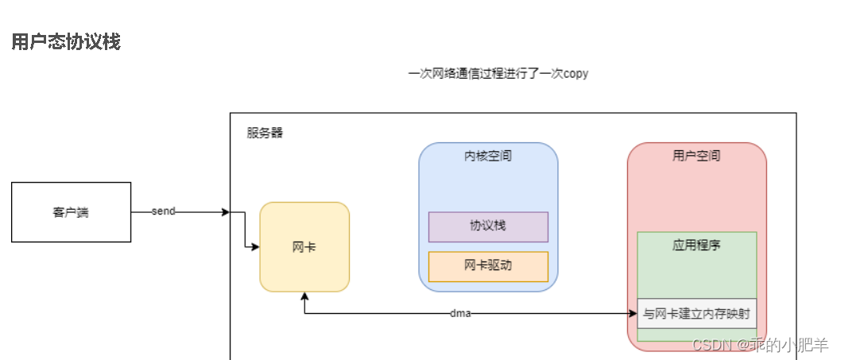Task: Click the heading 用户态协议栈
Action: (x=66, y=42)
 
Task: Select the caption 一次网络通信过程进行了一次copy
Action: (x=498, y=73)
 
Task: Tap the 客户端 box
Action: (x=71, y=212)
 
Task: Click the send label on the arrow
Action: (x=163, y=211)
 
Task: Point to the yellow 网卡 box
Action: (x=304, y=246)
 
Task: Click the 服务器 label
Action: (x=265, y=133)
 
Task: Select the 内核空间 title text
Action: (x=488, y=156)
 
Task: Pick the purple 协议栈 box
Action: (x=488, y=226)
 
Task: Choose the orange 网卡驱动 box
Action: (x=488, y=265)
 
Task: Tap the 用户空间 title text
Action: (x=696, y=156)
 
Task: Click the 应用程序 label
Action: (x=696, y=246)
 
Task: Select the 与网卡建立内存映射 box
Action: (x=696, y=313)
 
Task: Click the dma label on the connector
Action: (x=460, y=313)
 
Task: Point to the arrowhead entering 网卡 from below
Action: (x=304, y=296)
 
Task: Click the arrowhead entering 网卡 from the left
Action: (x=255, y=247)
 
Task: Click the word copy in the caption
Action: (x=576, y=73)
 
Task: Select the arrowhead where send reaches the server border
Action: (x=226, y=212)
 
